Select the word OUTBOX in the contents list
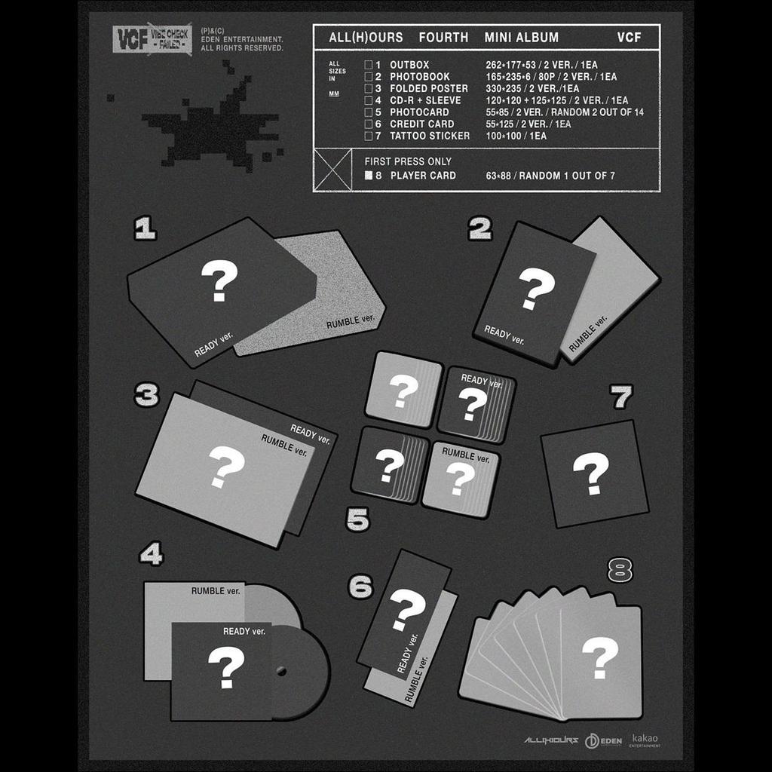(x=409, y=65)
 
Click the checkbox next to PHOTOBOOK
(x=368, y=77)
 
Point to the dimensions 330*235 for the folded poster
(x=507, y=88)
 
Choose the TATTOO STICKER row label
(x=430, y=136)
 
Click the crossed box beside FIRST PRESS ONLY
(x=332, y=170)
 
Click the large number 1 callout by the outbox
(x=145, y=228)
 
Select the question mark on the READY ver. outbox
(x=219, y=280)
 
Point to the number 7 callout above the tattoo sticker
(x=621, y=397)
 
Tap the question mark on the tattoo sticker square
(x=591, y=473)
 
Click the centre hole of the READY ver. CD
(x=282, y=670)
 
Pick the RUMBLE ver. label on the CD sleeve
(x=216, y=591)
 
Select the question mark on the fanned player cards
(x=600, y=657)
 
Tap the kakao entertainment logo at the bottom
(x=645, y=740)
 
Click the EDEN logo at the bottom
(x=604, y=740)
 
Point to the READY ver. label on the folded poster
(x=311, y=434)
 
